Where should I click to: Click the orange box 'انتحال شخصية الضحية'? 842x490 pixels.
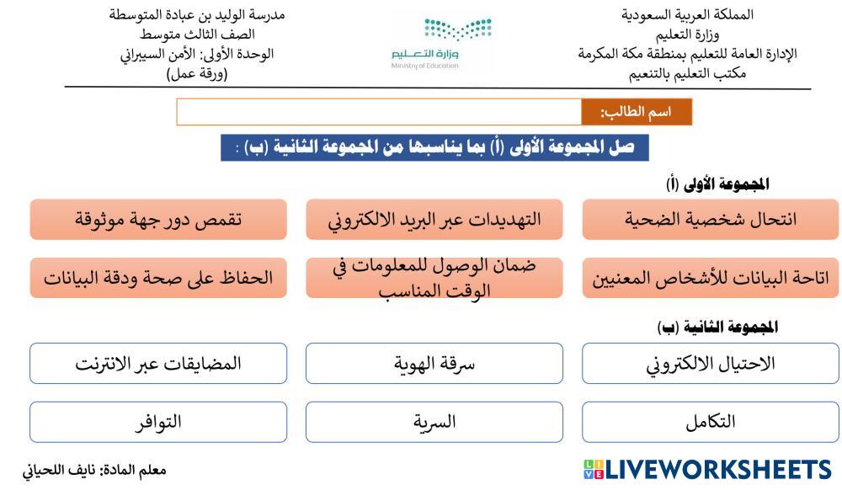[x=710, y=219]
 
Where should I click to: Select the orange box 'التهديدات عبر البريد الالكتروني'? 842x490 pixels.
[x=434, y=219]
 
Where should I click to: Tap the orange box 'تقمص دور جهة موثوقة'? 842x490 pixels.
[x=158, y=219]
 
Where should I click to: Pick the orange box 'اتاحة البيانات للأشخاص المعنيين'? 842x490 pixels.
[x=710, y=278]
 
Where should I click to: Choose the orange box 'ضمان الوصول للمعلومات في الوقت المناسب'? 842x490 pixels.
[x=434, y=278]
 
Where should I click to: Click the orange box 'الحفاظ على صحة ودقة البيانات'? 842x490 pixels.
[x=158, y=278]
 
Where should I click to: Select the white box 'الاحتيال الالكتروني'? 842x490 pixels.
[x=710, y=364]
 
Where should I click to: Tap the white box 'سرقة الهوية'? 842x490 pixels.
[x=434, y=364]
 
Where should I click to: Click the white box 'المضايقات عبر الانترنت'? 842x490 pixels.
[x=158, y=364]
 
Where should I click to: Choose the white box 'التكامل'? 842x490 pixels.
[x=710, y=422]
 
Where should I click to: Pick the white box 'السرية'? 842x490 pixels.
[x=434, y=422]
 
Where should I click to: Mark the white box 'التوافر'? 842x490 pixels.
[x=158, y=422]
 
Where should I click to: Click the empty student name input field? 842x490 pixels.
[x=379, y=112]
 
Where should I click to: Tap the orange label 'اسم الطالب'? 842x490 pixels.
[x=637, y=112]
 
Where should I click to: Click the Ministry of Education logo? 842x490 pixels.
[x=441, y=43]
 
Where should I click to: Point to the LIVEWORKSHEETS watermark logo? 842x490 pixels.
[x=707, y=470]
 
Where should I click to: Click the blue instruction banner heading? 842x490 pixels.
[x=434, y=147]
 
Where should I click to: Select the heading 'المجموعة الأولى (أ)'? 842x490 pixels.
[x=717, y=184]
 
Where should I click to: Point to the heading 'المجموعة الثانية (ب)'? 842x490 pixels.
[x=717, y=327]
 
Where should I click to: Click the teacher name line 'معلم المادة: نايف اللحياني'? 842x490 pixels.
[x=94, y=471]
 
